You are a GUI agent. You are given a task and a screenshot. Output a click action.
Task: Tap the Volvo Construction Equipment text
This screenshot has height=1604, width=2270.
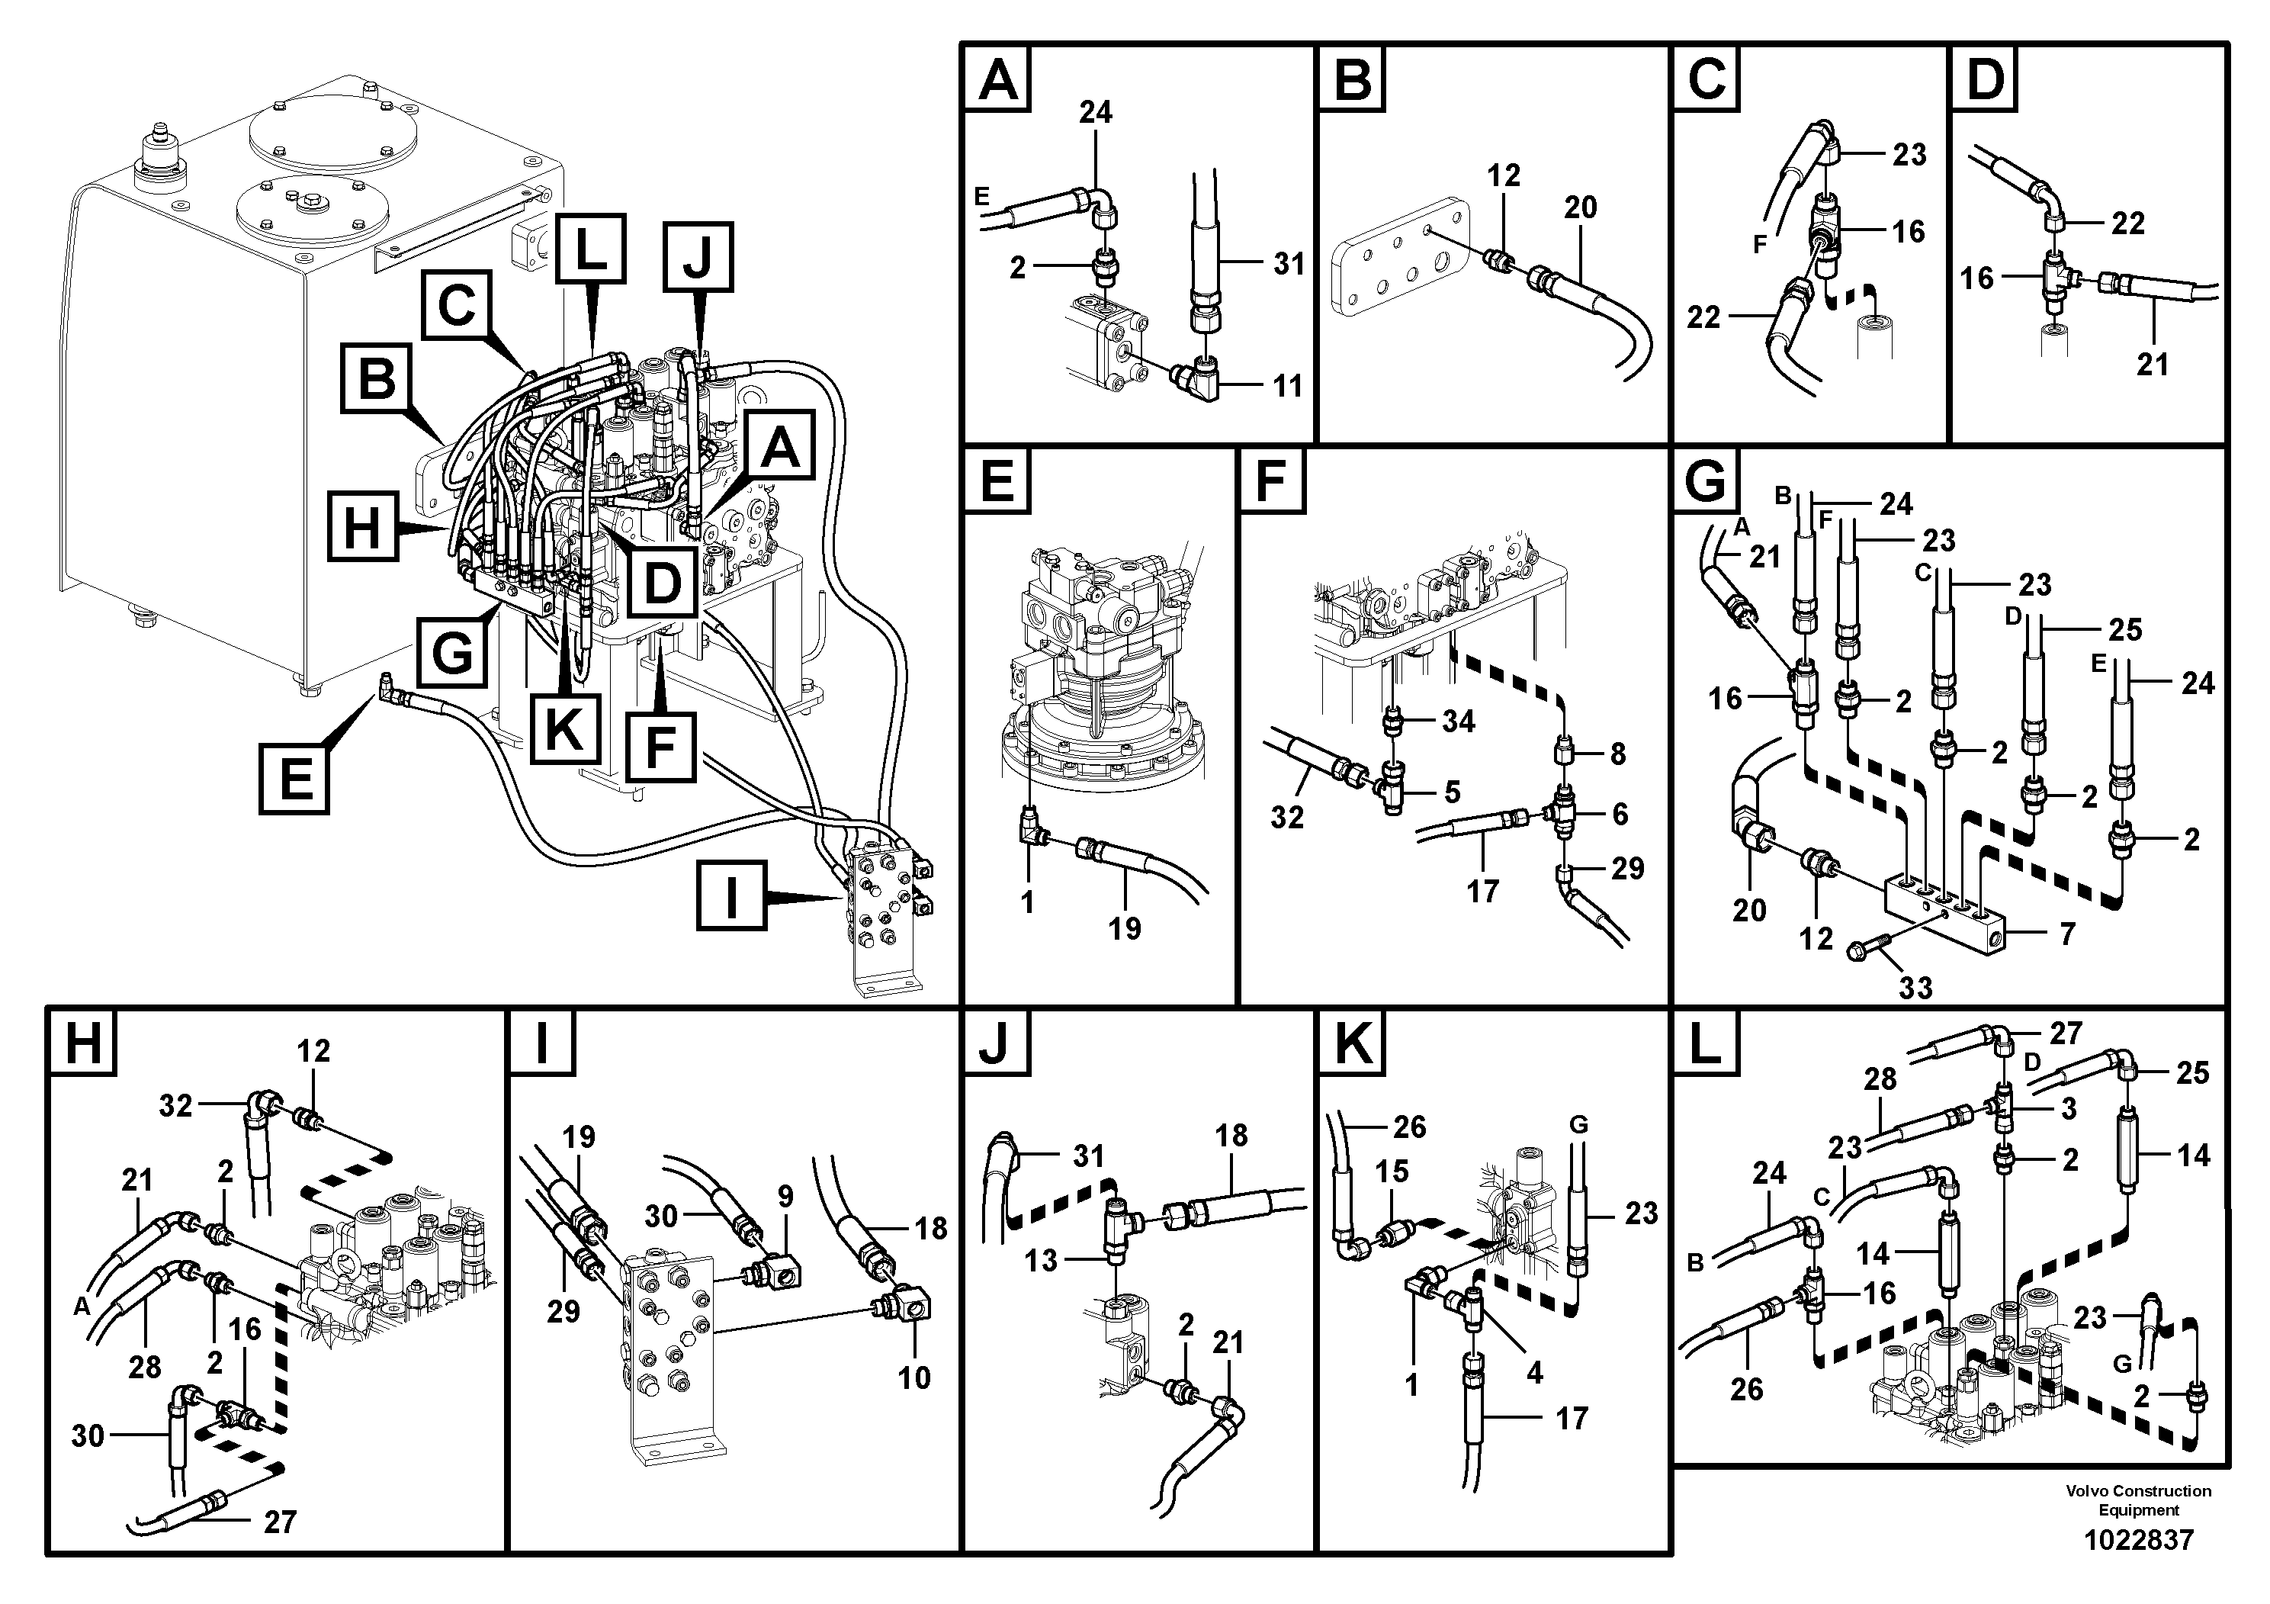(2137, 1500)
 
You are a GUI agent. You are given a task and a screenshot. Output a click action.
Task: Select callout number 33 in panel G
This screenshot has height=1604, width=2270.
(1915, 987)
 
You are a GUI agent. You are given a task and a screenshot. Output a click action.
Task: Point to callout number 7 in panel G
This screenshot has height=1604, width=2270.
(2066, 934)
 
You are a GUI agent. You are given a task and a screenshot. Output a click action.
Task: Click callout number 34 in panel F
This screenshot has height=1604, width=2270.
(1458, 721)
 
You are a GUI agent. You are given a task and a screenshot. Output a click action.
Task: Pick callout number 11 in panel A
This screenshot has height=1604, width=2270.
(1287, 386)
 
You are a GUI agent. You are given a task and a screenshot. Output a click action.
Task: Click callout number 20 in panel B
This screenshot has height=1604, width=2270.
(1580, 207)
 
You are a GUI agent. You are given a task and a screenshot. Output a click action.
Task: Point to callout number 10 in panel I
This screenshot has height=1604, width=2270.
(913, 1377)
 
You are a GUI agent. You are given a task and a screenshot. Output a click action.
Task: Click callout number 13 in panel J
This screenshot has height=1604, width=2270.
(1041, 1260)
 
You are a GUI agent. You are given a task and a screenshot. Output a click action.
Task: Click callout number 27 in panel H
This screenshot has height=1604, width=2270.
(280, 1521)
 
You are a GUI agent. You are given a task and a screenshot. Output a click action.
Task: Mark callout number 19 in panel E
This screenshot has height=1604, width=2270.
(1124, 927)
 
